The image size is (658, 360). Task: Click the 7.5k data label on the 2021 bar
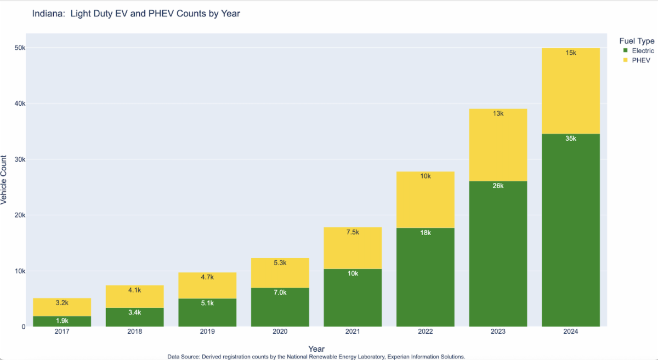click(x=353, y=232)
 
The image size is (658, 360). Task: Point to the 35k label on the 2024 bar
click(x=570, y=139)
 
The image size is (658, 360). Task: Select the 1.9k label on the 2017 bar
click(x=61, y=321)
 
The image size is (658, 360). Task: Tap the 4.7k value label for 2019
click(x=207, y=277)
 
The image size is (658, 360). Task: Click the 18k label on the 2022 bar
click(x=425, y=233)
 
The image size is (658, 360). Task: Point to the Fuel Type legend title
click(x=637, y=41)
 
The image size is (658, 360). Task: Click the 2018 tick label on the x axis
click(x=134, y=333)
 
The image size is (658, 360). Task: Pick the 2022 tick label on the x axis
click(x=425, y=333)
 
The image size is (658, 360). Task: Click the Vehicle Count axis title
click(x=4, y=180)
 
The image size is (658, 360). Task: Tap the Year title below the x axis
click(x=316, y=348)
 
